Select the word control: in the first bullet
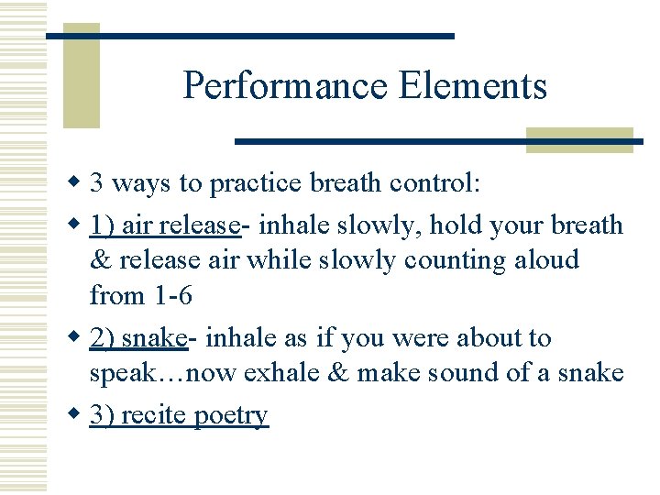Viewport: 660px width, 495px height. click(434, 183)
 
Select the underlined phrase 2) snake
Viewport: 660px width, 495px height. click(138, 338)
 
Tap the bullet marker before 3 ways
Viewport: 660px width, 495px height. click(76, 183)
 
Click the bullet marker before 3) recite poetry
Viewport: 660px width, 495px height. click(76, 415)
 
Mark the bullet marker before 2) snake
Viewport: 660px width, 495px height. click(76, 338)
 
